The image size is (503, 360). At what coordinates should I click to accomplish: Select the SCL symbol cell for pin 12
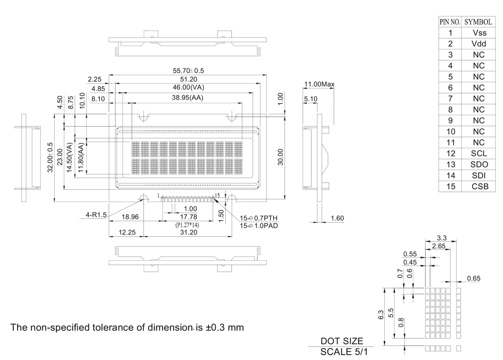point(479,153)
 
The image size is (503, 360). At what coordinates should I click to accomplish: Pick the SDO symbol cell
point(479,164)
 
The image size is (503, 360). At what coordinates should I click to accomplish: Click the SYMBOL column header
point(478,22)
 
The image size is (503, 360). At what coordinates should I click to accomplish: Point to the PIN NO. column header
point(450,22)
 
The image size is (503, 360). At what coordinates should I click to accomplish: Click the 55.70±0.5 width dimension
point(188,71)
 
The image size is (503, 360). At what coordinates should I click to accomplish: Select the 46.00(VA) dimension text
point(188,87)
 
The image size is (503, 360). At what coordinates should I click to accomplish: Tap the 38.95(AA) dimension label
point(187,98)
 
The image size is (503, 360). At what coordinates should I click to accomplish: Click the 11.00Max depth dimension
point(319,84)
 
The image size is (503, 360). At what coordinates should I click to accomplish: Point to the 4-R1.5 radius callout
point(96,215)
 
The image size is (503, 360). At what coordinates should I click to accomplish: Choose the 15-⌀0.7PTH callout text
point(259,218)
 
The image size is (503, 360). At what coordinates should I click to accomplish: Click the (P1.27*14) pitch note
point(187,225)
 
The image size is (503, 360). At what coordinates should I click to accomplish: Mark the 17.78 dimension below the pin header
point(188,217)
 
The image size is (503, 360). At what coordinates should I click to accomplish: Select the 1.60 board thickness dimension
point(337,218)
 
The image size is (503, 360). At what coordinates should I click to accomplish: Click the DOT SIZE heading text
point(342,341)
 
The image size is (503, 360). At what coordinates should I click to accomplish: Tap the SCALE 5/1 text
point(344,352)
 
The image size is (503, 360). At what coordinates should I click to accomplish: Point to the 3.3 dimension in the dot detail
point(442,238)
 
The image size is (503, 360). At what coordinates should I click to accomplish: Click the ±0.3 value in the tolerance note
point(215,327)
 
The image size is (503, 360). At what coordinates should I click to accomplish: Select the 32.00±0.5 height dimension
point(50,157)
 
